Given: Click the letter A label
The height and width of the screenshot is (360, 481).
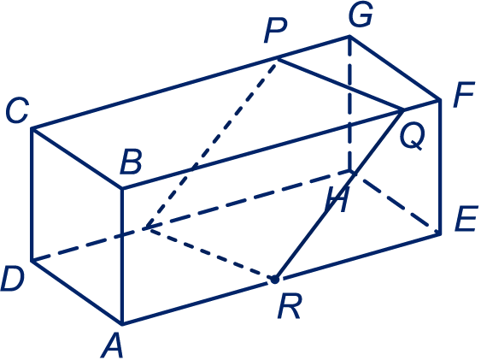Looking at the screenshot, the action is [112, 345].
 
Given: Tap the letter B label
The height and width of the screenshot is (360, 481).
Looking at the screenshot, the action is [132, 162].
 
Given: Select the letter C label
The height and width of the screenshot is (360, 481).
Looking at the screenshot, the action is [17, 110].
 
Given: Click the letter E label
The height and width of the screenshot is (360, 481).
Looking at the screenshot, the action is [466, 218].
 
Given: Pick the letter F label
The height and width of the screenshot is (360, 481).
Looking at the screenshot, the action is [464, 95].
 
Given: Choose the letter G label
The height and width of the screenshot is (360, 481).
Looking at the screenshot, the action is [361, 15].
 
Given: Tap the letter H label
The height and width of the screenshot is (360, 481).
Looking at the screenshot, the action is [337, 199].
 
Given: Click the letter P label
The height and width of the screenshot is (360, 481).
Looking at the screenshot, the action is [275, 30].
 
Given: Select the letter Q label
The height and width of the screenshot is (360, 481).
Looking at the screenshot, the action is [413, 136].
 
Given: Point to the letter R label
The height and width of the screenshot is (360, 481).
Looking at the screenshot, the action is [290, 305].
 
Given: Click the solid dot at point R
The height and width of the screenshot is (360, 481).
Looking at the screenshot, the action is [274, 280].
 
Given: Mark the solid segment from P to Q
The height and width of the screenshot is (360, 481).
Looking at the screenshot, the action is [340, 85].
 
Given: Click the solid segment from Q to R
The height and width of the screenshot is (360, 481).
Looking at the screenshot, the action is [339, 195].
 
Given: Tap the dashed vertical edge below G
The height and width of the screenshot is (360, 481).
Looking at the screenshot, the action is [349, 103].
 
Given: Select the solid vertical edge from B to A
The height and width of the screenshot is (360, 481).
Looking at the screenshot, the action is [122, 256].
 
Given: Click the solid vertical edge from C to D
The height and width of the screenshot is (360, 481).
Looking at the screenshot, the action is [32, 195].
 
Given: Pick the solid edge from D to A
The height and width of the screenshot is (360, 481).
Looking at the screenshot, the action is [77, 292].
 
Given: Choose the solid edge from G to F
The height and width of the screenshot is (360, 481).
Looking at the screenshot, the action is [395, 68].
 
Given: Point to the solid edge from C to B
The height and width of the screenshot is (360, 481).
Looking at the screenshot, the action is [77, 158].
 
